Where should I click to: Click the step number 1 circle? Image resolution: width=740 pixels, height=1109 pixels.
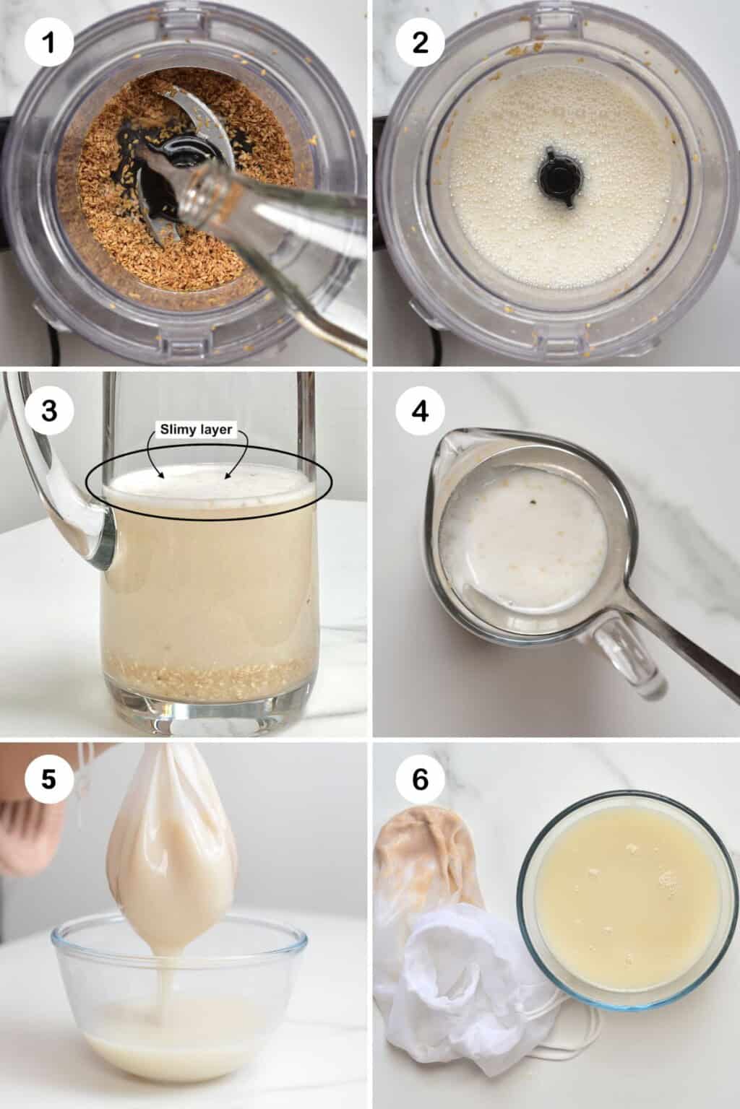click(x=49, y=43)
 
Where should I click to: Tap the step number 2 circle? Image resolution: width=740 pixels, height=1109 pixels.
click(x=420, y=43)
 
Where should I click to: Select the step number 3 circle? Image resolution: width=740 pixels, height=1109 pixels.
click(x=49, y=412)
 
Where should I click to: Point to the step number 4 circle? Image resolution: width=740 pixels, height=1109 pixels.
click(x=420, y=412)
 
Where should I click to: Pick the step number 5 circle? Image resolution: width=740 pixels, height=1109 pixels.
click(x=49, y=780)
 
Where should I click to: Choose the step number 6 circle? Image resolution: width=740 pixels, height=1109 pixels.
click(x=420, y=780)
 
